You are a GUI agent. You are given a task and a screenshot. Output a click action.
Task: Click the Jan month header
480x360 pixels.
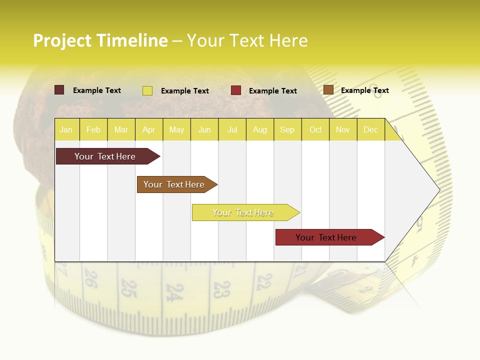click(x=66, y=130)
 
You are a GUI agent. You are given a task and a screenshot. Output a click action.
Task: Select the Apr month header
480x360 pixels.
click(x=149, y=130)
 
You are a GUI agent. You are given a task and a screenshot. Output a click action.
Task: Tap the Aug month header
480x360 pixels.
click(x=260, y=130)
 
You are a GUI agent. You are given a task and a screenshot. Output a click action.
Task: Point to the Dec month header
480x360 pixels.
click(x=371, y=130)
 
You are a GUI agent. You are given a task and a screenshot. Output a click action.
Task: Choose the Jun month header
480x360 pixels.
click(x=204, y=130)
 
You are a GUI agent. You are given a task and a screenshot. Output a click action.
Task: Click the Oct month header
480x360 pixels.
click(x=315, y=130)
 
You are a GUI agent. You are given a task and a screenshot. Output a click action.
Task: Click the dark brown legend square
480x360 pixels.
click(x=59, y=90)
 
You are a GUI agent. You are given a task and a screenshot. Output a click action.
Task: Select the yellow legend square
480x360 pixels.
click(x=147, y=90)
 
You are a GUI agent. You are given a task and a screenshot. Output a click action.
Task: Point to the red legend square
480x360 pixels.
click(x=236, y=90)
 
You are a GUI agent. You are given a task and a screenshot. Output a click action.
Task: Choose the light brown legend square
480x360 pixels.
click(x=328, y=90)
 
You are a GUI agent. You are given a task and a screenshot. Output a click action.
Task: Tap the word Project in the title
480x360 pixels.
click(x=62, y=40)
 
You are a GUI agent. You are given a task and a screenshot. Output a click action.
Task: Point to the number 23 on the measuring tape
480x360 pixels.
click(x=221, y=289)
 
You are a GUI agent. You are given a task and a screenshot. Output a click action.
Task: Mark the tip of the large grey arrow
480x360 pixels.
click(x=439, y=190)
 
